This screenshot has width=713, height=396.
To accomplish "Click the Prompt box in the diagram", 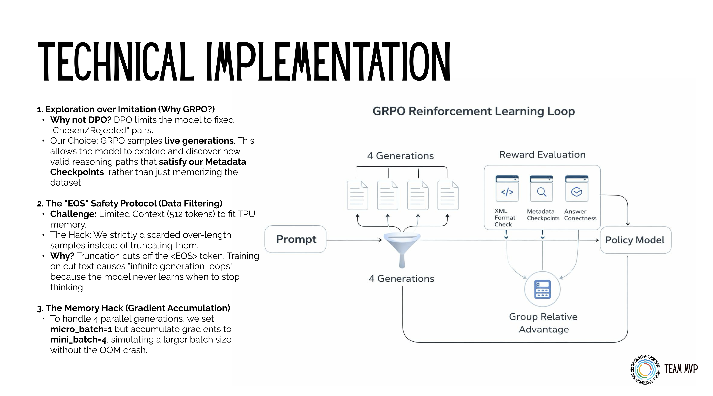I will (295, 239).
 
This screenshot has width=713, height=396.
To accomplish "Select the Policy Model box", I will (635, 240).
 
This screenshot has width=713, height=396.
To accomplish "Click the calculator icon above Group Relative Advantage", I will (542, 289).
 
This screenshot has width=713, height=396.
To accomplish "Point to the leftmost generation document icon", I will (357, 195).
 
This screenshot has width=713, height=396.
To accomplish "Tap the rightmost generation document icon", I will (448, 195).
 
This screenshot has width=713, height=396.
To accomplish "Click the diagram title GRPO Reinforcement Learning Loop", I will (473, 111).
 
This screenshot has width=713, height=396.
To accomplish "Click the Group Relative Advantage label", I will (543, 323).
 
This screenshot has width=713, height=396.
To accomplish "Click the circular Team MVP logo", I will (645, 369).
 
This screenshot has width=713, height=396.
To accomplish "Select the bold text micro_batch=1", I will (81, 329).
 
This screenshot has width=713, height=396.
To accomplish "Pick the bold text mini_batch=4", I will (78, 340).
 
